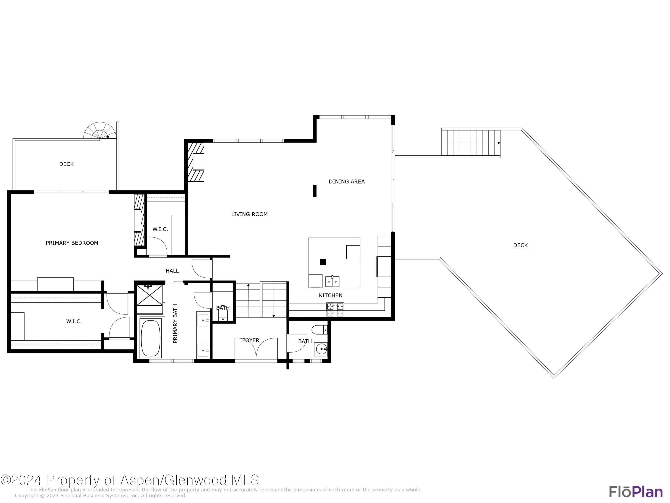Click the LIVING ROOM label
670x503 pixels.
coord(249,214)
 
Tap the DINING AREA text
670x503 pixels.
coord(347,182)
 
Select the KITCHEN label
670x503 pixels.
coord(331,295)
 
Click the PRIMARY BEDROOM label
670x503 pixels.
coord(72,243)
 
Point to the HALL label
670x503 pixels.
coord(172,271)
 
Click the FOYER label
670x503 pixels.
coord(251,340)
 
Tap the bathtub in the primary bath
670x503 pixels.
coord(151,338)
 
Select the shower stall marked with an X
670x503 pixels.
coord(149,295)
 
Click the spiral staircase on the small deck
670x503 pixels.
coord(100,131)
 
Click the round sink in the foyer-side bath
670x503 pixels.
coord(321,349)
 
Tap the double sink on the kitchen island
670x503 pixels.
coord(332,282)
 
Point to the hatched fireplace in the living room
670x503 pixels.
coord(196,162)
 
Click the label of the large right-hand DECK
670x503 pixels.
coord(520,245)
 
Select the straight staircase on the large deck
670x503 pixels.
coord(470,143)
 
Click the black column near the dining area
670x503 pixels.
coord(315,191)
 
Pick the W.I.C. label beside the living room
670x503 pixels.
coord(160,229)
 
